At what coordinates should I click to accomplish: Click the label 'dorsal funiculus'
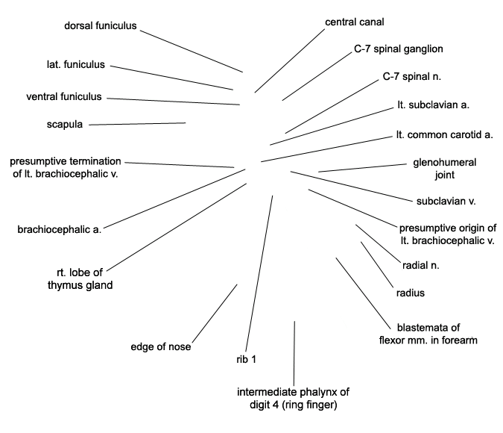pos(101,25)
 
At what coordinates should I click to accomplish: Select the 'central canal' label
pos(355,22)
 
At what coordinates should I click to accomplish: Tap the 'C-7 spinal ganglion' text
pos(399,49)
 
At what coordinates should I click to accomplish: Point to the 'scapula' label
pos(65,125)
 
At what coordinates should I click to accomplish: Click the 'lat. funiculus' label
pos(76,64)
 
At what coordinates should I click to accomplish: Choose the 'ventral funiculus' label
pos(64,96)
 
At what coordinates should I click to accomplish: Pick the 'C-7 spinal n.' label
pos(412,76)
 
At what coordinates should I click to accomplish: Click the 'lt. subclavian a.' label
pos(434,105)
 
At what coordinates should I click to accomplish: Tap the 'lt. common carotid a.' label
pos(445,134)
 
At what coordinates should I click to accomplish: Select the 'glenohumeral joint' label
pos(445,169)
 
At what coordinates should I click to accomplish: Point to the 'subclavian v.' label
pos(446,202)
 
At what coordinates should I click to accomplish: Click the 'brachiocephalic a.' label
pos(60,229)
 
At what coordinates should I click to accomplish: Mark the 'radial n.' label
pos(420,265)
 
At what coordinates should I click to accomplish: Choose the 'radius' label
pos(411,293)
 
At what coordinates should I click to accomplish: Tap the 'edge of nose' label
pos(161,347)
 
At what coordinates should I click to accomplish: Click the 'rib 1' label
pos(247,359)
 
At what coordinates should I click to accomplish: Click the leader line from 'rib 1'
pos(259,273)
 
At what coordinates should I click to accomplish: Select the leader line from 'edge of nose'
pos(215,314)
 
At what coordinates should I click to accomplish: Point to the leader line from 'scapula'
pos(137,124)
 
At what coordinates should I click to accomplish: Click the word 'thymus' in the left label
pos(63,285)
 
